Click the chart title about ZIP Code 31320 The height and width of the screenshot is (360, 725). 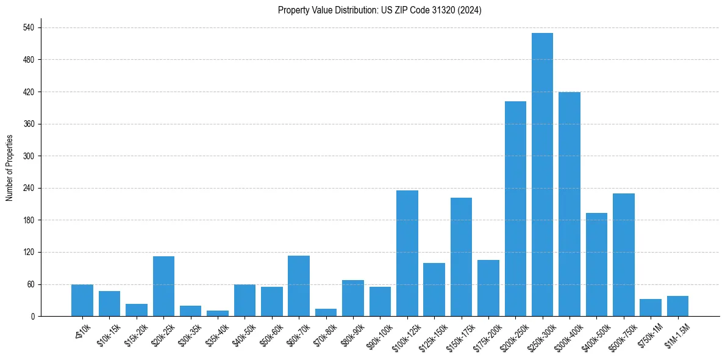point(379,10)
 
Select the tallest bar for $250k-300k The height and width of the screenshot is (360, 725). point(542,175)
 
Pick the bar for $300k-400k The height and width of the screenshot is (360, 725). point(569,204)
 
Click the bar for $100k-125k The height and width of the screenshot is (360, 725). point(407,253)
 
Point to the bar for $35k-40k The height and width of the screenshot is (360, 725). point(218,314)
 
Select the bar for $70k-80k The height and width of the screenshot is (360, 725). point(326,312)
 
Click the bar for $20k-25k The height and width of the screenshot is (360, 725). point(163,286)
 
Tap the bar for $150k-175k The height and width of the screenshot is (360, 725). point(461,257)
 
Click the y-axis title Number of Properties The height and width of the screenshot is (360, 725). point(10,168)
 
